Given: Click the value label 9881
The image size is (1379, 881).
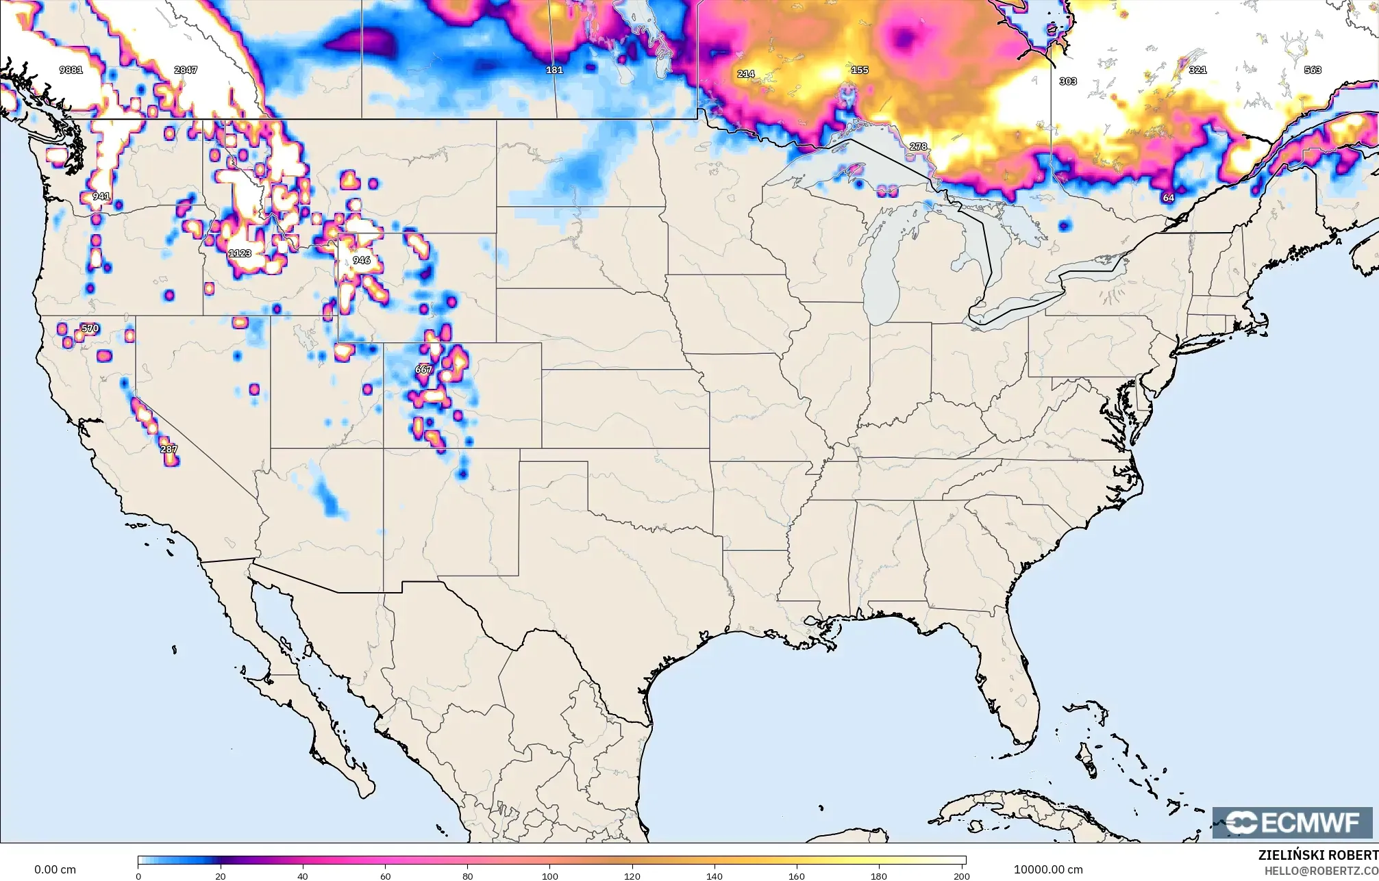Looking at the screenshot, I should tap(71, 70).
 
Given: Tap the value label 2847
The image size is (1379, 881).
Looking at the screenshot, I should tap(186, 70).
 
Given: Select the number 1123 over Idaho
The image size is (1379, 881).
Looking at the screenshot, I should tap(240, 253).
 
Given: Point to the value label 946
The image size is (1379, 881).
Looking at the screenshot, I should tap(362, 260).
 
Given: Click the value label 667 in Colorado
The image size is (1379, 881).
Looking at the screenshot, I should tap(423, 370).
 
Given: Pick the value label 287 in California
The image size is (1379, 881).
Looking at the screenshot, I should tap(169, 449).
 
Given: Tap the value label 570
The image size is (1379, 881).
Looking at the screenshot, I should tap(90, 329).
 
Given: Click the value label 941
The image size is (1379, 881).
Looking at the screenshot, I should tap(101, 196).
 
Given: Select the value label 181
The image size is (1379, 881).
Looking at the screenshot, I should tap(554, 70).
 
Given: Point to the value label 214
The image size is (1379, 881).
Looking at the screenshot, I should tap(746, 74).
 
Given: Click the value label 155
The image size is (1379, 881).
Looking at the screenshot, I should tap(860, 70).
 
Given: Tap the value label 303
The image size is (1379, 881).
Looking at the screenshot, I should tap(1068, 81).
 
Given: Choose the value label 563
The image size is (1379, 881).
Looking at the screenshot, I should tap(1313, 70).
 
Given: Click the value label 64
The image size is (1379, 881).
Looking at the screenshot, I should tap(1168, 198).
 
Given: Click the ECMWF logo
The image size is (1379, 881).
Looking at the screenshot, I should tap(1292, 823).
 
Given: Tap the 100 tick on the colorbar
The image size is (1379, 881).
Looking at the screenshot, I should tap(550, 876).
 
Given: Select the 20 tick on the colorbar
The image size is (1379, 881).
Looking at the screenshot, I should tap(220, 876).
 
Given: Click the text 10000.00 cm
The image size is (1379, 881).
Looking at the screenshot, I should tap(1048, 869).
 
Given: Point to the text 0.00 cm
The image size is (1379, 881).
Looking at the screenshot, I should tap(55, 869).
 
